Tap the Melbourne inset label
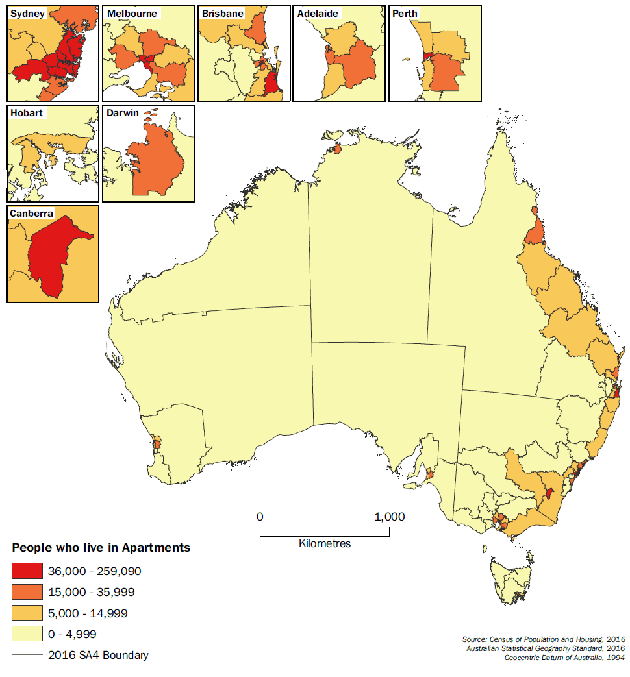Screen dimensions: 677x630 (132, 14)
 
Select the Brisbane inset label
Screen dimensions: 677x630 (223, 14)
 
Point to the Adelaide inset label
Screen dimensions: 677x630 (318, 14)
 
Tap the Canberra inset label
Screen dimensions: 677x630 (32, 214)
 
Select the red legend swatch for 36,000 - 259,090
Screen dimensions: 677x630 (26, 571)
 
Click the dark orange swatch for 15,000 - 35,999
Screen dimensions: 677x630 (26, 592)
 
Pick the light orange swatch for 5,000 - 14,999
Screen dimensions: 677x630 (26, 613)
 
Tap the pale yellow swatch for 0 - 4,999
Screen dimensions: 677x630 (26, 634)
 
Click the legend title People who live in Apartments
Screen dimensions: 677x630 (101, 548)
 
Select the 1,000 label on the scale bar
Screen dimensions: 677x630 (389, 517)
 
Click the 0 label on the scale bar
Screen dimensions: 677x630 (260, 517)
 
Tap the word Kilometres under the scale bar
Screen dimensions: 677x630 (325, 543)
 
